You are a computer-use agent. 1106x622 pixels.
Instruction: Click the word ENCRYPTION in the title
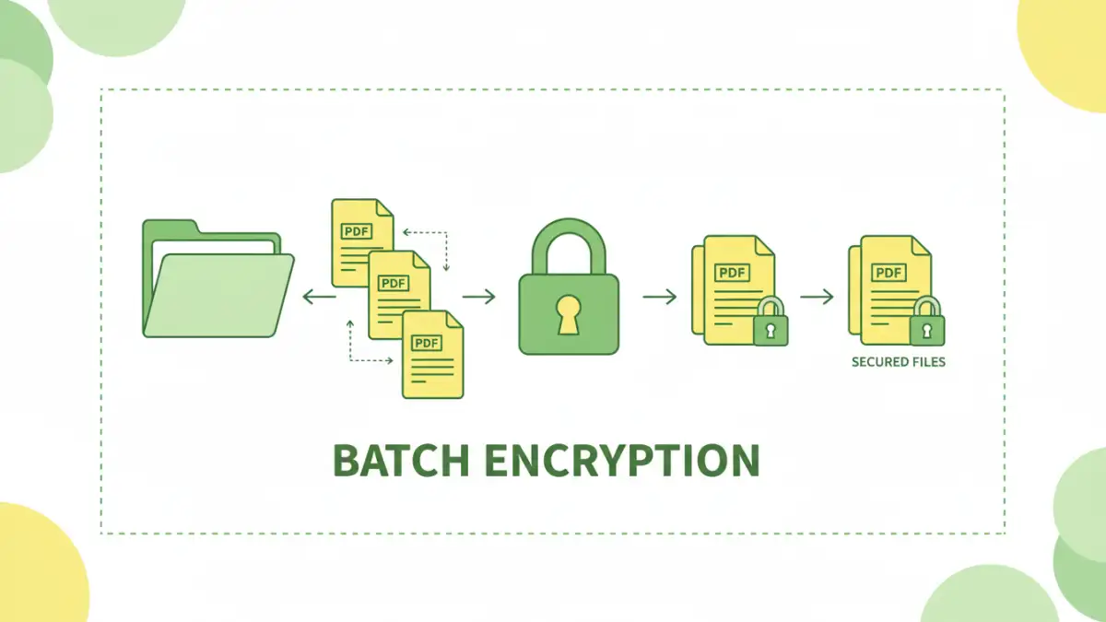[x=622, y=460]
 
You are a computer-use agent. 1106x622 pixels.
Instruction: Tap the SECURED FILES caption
[x=898, y=362]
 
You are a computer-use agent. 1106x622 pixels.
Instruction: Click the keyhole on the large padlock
[x=569, y=312]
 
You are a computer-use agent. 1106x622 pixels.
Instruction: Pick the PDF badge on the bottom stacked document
[x=426, y=343]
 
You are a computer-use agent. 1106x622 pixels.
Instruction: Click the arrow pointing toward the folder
[x=319, y=297]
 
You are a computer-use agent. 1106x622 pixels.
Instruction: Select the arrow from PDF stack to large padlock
[x=478, y=297]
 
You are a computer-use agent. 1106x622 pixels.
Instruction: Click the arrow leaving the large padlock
[x=659, y=297]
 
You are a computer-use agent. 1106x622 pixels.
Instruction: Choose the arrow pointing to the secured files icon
[x=817, y=297]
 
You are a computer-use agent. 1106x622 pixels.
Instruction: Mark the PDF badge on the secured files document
[x=888, y=273]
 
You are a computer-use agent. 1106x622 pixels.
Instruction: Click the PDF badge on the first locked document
[x=732, y=273]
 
